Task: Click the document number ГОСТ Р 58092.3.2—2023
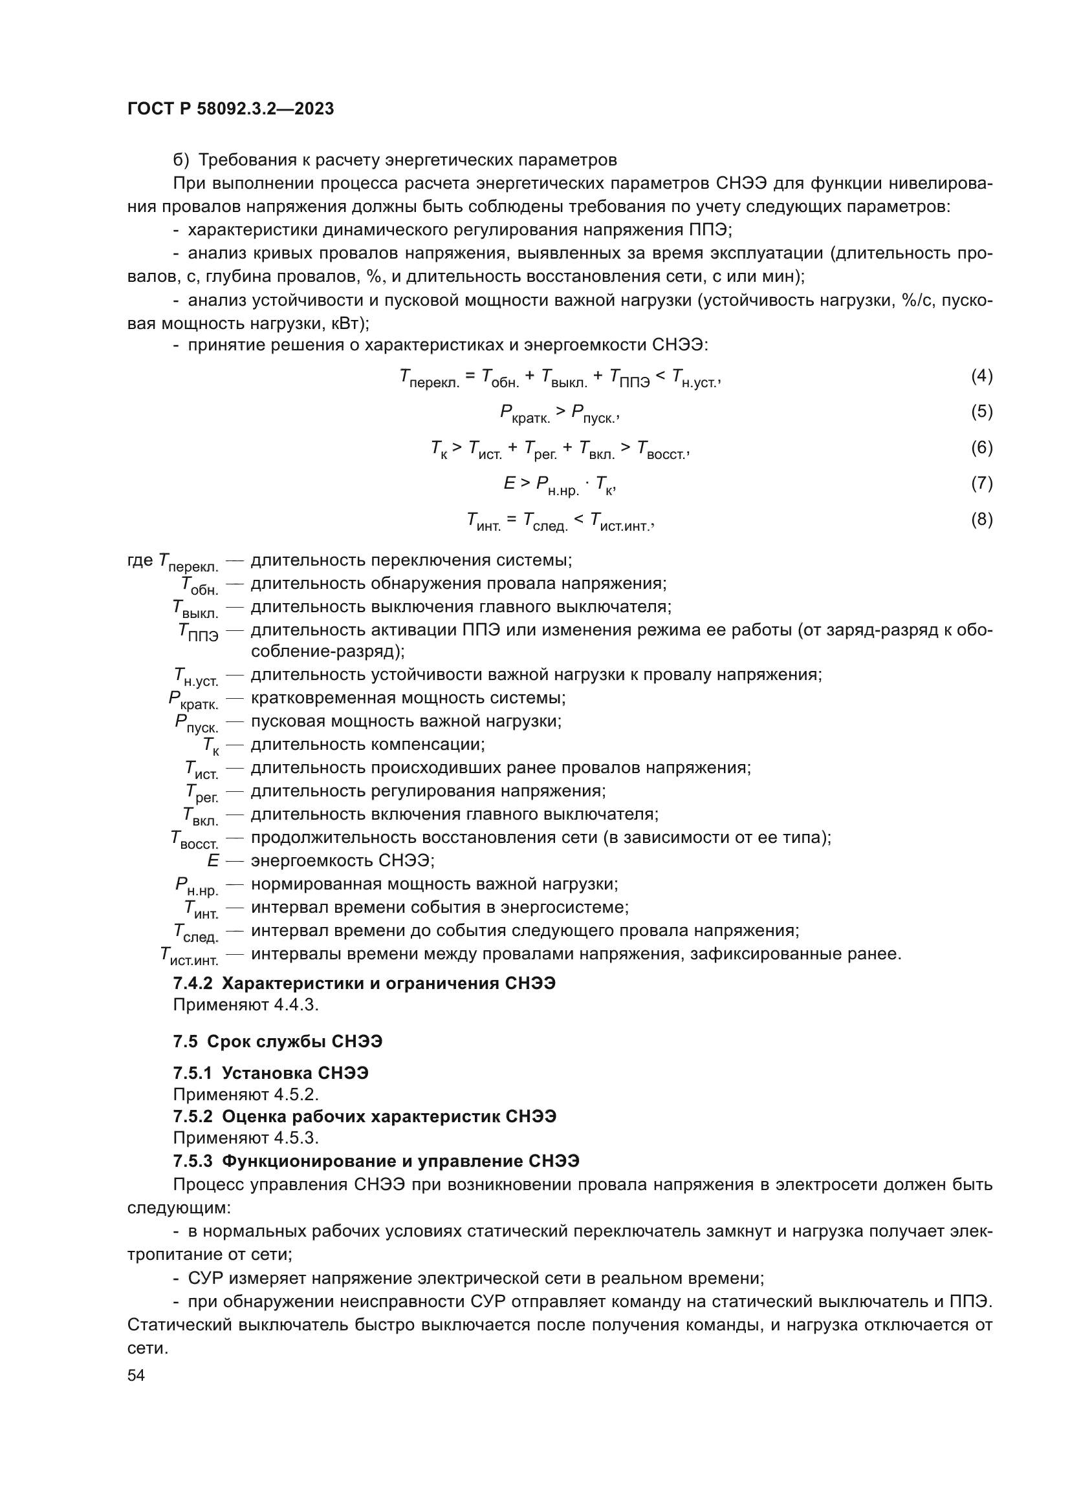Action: point(230,109)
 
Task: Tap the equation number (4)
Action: point(981,376)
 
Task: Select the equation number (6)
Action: point(981,448)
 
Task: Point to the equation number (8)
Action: point(981,520)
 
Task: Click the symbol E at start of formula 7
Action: point(509,484)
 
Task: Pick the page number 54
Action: point(136,1376)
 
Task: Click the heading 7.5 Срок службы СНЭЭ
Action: point(278,1042)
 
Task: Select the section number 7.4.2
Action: point(192,983)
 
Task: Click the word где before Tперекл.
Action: point(140,560)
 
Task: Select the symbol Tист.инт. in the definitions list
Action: point(189,955)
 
